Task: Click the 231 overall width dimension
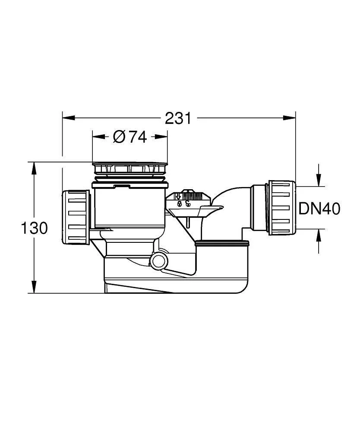tap(178, 118)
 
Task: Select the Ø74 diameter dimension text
tap(130, 137)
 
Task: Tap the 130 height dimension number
tap(35, 228)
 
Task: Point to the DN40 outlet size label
tap(319, 209)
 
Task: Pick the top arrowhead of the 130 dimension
tap(34, 168)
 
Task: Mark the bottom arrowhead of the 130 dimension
tap(34, 287)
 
